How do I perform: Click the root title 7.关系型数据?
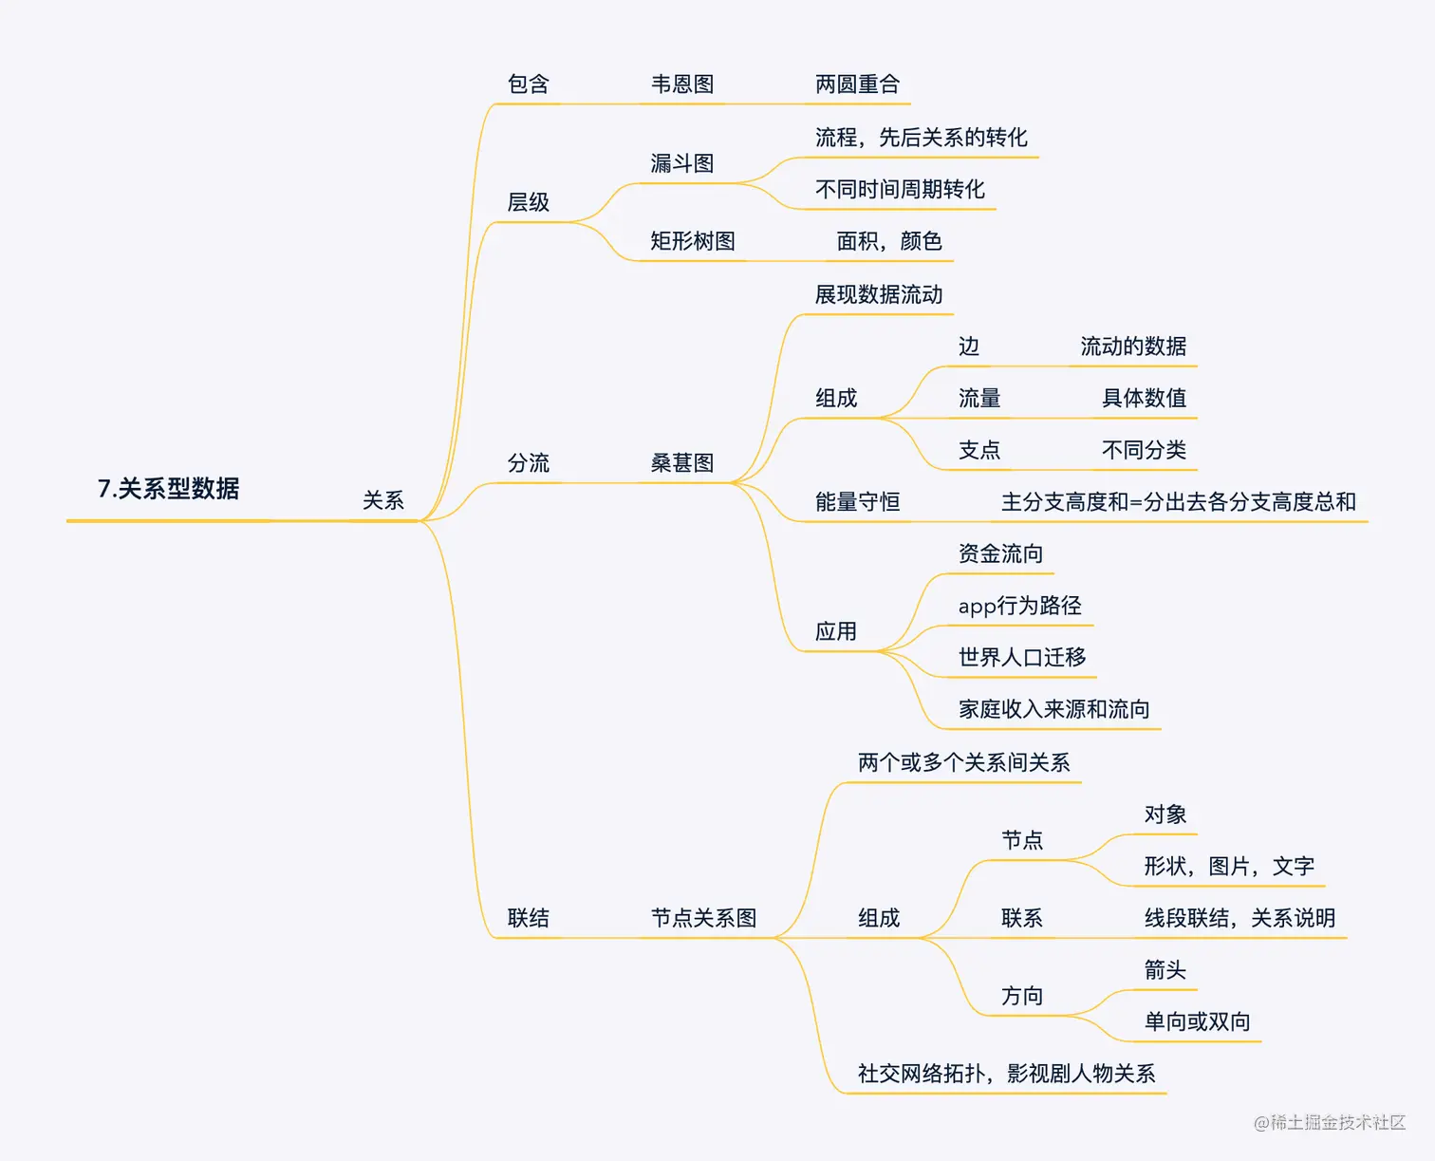[x=168, y=489]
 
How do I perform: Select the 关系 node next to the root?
[x=383, y=500]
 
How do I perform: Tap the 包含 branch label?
[x=529, y=84]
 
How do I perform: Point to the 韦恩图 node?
[x=682, y=84]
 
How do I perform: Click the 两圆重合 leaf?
[x=857, y=84]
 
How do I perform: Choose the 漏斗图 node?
[x=682, y=163]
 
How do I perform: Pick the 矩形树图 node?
[x=693, y=241]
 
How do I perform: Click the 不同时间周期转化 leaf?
[x=900, y=190]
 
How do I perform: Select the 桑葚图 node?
[x=682, y=463]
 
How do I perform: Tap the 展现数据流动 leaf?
[x=879, y=294]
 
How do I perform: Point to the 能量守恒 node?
[x=857, y=502]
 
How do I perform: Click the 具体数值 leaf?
[x=1144, y=398]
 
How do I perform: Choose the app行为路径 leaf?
[x=1019, y=606]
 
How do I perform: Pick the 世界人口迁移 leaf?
[x=1022, y=657]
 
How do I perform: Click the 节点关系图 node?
[x=703, y=918]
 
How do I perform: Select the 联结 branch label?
[x=529, y=918]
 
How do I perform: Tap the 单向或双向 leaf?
[x=1197, y=1021]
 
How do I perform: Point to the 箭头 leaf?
[x=1165, y=970]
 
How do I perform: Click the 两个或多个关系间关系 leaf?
[x=963, y=762]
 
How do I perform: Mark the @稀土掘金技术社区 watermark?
[x=1329, y=1123]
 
